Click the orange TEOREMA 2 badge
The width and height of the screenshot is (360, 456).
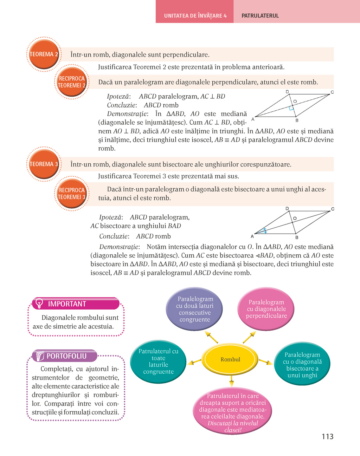(44, 54)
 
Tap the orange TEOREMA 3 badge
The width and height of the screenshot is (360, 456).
(44, 164)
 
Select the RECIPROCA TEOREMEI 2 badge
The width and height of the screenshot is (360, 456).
(72, 82)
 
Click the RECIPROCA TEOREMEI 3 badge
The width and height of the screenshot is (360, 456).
(72, 194)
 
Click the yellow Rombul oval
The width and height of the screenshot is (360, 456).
(230, 359)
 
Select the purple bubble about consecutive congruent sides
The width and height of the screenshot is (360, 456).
(195, 309)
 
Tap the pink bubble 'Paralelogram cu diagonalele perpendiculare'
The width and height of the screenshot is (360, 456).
(266, 309)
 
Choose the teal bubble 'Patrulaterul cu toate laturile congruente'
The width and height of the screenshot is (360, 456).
(158, 361)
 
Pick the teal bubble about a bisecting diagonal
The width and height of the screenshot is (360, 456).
(302, 365)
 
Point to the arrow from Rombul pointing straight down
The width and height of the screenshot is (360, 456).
(231, 381)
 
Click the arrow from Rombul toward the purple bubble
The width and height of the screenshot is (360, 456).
(212, 337)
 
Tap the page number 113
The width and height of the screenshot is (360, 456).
(327, 436)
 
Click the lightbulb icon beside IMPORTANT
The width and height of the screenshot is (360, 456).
(39, 303)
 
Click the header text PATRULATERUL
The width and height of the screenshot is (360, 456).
(260, 16)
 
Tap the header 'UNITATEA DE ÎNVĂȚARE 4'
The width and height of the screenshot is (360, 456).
(195, 16)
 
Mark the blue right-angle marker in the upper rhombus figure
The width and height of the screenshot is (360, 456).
(291, 108)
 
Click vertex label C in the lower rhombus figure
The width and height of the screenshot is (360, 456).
(333, 209)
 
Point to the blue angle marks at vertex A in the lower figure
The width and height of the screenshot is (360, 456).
(265, 231)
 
